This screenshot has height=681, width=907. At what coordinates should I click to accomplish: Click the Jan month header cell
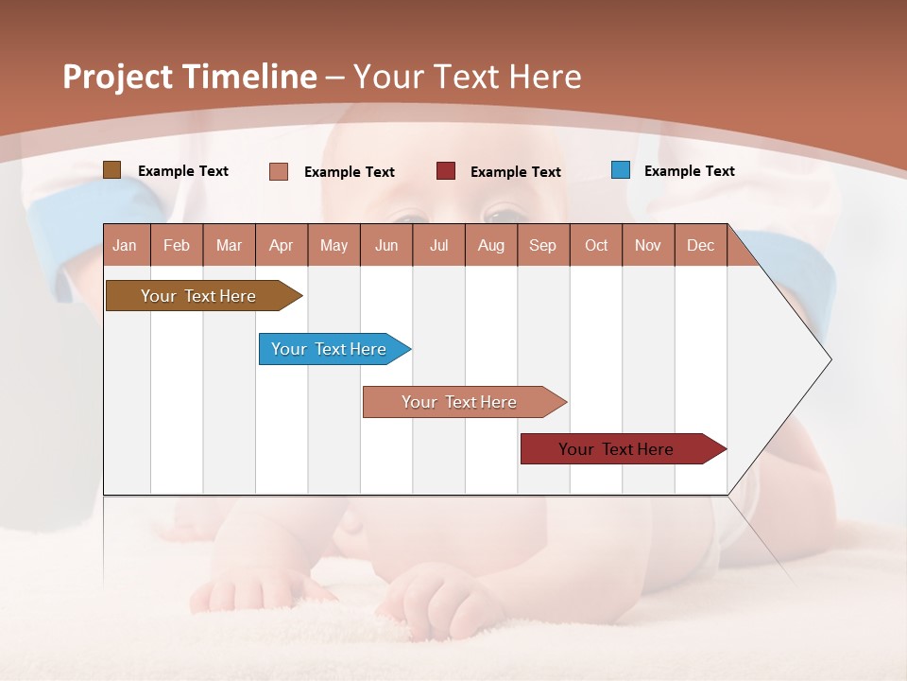[126, 245]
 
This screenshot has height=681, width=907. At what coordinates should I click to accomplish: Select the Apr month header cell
[282, 245]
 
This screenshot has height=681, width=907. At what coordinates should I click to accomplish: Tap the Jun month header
[386, 245]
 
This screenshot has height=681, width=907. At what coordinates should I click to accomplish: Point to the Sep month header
[542, 245]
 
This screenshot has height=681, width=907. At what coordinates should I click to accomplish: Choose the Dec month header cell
[700, 245]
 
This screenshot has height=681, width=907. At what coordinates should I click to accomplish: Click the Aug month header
[490, 245]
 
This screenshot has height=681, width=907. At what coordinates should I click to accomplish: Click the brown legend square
[112, 170]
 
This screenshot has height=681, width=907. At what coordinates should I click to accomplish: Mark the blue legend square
[621, 170]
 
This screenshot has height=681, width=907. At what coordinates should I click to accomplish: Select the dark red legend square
[446, 171]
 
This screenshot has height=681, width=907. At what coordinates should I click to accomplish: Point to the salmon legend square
[279, 171]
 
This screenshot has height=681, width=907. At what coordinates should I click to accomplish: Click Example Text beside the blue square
[689, 171]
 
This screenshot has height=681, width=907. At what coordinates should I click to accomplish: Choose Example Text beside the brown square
[182, 171]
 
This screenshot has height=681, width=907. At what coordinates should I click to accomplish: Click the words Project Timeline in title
[189, 77]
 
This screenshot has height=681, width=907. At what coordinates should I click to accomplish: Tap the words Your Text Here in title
[467, 77]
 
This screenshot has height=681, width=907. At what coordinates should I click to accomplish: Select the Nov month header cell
[648, 245]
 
